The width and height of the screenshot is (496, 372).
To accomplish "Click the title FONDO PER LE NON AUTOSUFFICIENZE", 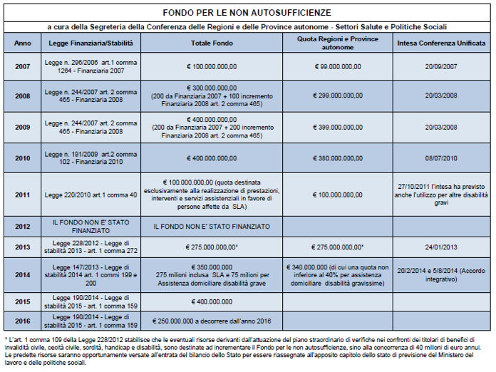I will pyautogui.click(x=247, y=13).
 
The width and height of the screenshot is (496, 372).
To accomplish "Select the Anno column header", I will pyautogui.click(x=22, y=43).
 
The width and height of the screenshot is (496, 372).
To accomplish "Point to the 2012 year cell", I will pyautogui.click(x=22, y=226).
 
